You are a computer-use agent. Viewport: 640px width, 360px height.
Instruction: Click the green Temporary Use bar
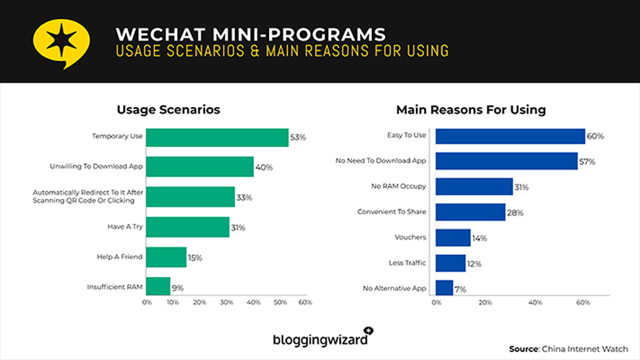(217, 136)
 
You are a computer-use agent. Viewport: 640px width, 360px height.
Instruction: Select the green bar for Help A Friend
(166, 257)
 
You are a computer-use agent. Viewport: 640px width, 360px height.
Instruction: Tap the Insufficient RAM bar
(158, 287)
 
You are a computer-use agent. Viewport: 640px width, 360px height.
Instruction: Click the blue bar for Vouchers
(453, 237)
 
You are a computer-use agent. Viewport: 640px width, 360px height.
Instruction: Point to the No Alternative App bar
(444, 288)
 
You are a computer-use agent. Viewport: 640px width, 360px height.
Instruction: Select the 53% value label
(298, 136)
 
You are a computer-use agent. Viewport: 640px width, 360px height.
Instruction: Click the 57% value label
(587, 161)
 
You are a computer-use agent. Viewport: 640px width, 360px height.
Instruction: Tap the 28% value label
(515, 212)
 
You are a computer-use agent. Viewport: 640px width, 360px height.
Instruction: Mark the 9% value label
(177, 288)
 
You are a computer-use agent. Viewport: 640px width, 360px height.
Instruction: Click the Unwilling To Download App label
(96, 166)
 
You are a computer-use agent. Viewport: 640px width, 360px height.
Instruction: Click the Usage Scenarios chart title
(168, 109)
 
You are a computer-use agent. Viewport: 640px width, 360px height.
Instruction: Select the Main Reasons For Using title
(471, 109)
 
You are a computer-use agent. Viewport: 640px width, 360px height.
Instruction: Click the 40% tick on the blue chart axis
(534, 302)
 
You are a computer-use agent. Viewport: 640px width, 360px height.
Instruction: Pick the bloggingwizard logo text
(319, 339)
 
